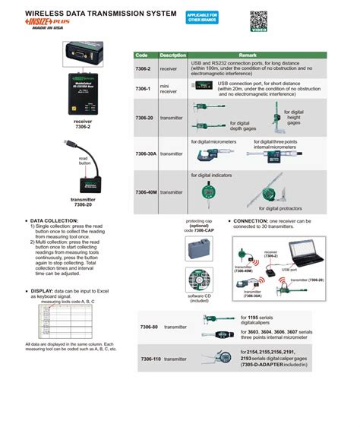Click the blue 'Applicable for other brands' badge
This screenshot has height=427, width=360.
tap(202, 18)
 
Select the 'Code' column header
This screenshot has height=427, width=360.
tap(141, 55)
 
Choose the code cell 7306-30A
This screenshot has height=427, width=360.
tap(145, 153)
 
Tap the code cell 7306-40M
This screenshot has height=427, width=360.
tap(145, 192)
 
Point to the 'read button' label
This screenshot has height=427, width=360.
tap(84, 160)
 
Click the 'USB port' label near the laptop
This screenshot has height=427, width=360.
tap(289, 269)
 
